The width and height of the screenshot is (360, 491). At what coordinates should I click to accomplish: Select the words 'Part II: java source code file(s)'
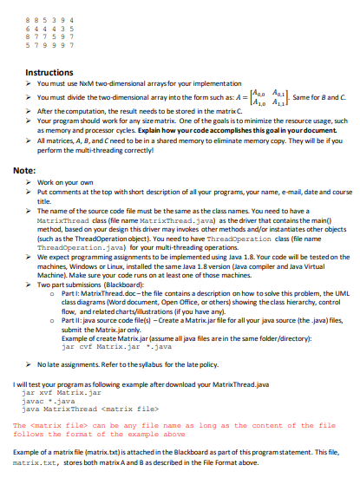tap(112, 331)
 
